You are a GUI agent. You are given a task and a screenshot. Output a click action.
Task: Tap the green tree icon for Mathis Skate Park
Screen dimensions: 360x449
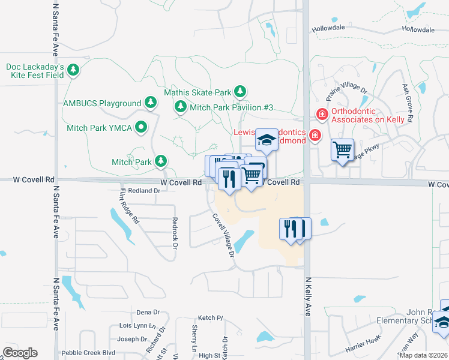[x=240, y=92]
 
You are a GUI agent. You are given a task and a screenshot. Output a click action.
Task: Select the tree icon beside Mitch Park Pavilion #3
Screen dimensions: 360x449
[x=179, y=107]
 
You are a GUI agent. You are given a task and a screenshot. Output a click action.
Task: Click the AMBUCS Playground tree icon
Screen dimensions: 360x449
[x=151, y=103]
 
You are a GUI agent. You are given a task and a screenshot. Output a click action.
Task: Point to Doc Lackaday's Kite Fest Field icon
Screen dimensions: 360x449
[x=73, y=70]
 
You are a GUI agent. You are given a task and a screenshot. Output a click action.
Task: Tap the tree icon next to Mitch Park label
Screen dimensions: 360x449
[x=161, y=161]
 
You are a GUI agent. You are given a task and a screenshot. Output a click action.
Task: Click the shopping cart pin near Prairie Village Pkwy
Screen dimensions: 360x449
[x=342, y=150]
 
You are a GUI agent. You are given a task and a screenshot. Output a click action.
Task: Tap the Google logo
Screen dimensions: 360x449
[x=20, y=352]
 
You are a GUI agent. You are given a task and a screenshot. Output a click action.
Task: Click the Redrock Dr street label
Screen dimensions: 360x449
[x=175, y=233]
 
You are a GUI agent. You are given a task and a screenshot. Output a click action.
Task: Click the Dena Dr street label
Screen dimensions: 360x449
[x=148, y=313]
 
